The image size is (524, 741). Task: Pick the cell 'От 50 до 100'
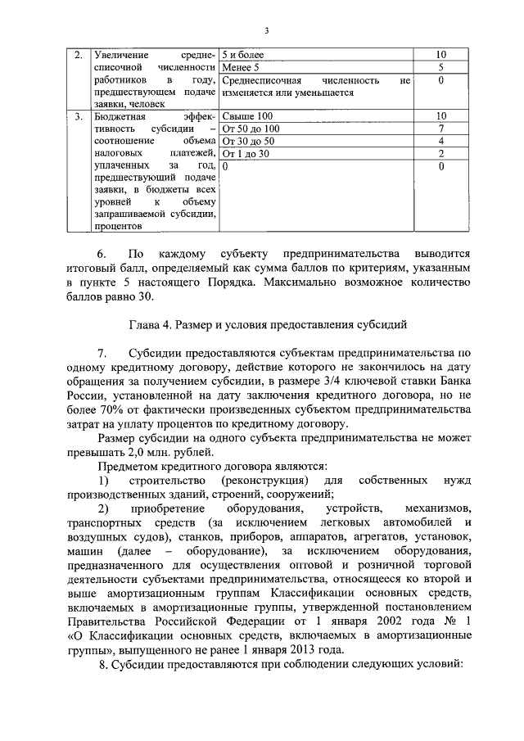[251, 129]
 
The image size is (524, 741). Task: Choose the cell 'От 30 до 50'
[249, 141]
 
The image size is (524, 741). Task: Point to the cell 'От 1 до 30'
[246, 153]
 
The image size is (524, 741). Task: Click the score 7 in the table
[440, 129]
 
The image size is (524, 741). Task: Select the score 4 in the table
[440, 141]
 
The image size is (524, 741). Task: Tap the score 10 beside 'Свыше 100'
[440, 116]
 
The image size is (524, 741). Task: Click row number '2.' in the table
[79, 55]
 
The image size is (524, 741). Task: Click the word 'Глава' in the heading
[144, 324]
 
